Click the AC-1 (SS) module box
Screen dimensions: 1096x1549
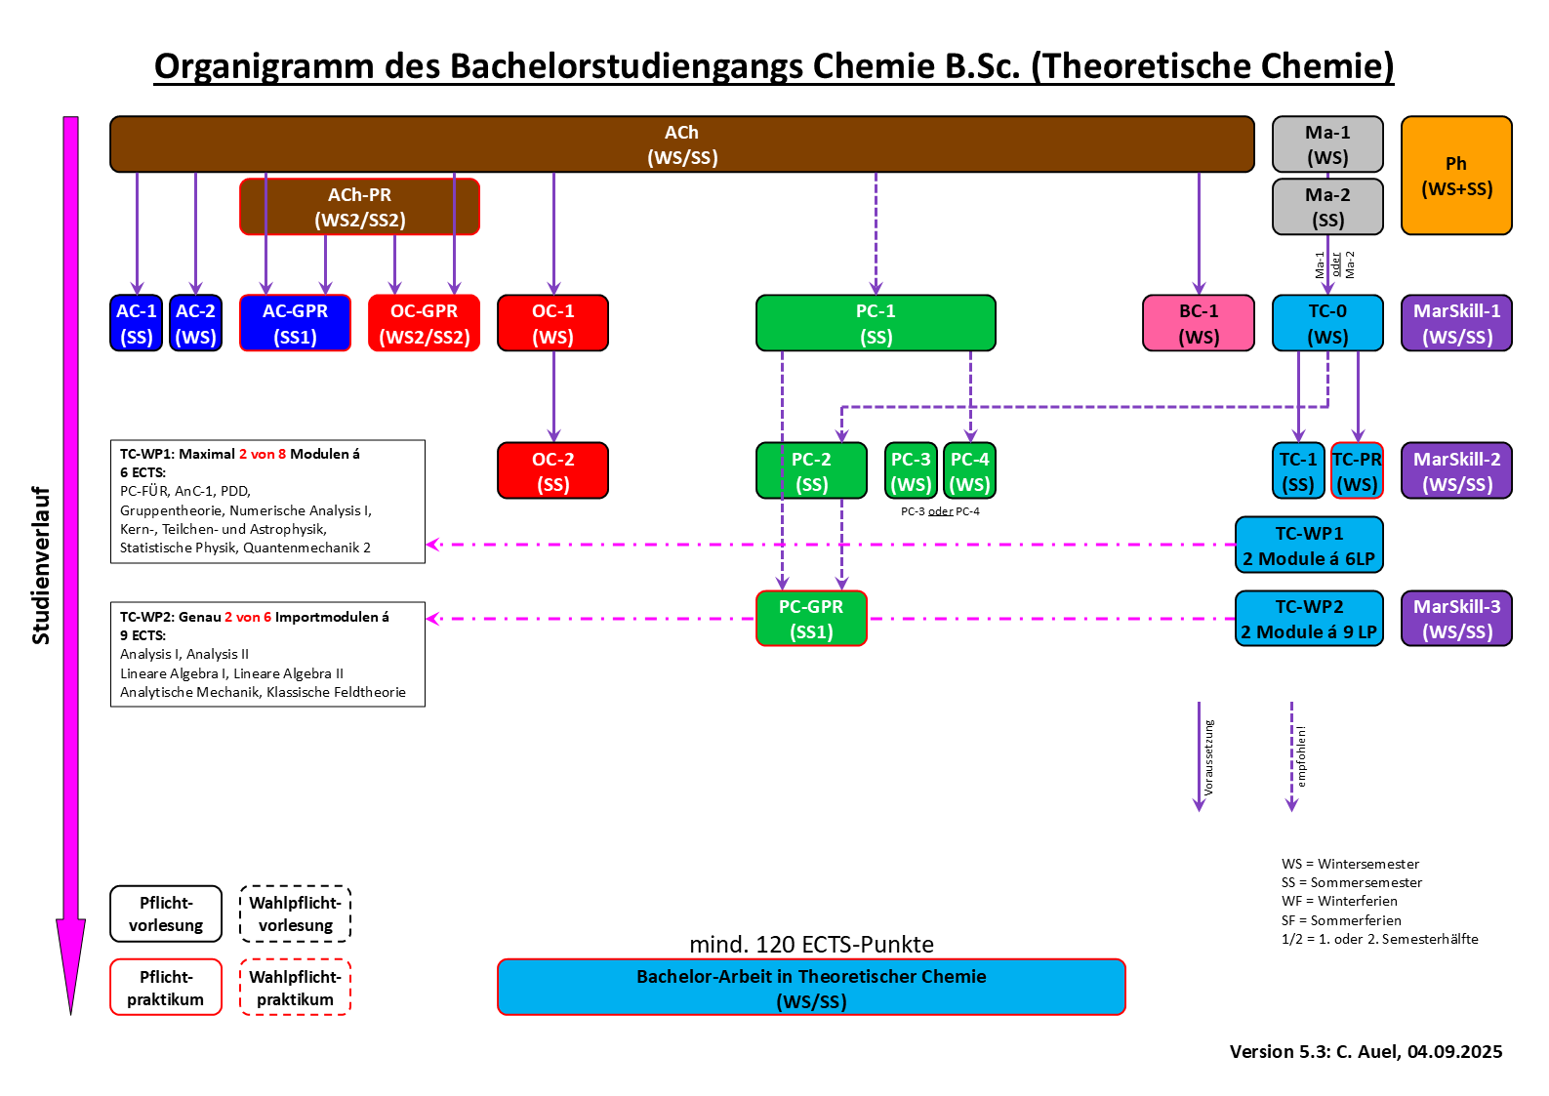137,323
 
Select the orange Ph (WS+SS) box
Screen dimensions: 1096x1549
1456,176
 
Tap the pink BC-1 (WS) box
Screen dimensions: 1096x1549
1199,323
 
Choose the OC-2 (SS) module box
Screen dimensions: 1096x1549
552,471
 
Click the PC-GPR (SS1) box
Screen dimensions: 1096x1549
811,619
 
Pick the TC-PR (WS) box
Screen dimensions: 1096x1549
1358,471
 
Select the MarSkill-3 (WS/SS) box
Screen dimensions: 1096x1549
1456,619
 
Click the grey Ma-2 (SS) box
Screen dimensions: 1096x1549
1327,207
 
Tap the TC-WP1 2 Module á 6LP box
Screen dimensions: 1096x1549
1309,546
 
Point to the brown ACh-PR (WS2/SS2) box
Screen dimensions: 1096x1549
359,207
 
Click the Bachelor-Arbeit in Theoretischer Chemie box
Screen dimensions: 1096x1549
811,988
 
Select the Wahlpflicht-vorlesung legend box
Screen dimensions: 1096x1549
295,914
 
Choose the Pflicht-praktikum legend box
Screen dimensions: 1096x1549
166,988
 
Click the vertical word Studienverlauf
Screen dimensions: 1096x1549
41,565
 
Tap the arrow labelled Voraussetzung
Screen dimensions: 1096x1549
1200,756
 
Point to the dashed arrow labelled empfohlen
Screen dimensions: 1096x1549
1292,756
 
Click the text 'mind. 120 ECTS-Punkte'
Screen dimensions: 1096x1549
811,945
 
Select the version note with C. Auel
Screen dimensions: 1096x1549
1366,1051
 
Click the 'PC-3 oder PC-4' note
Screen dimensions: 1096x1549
940,511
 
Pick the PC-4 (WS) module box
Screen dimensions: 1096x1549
969,471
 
